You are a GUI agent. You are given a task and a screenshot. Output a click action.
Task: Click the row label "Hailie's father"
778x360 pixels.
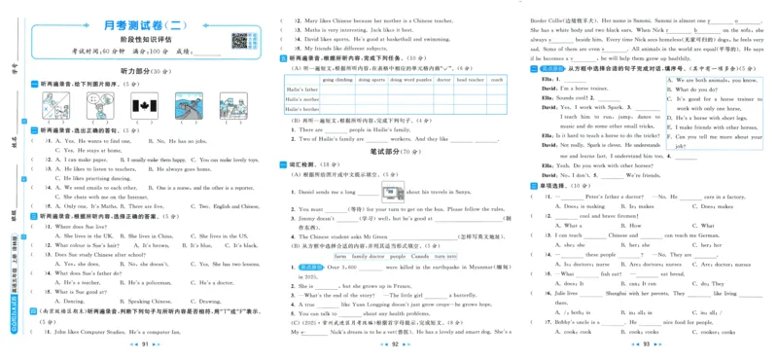point(301,90)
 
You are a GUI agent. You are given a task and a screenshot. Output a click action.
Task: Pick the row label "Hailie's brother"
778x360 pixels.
point(302,109)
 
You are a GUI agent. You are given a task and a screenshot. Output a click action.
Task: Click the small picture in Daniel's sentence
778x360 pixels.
point(394,192)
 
